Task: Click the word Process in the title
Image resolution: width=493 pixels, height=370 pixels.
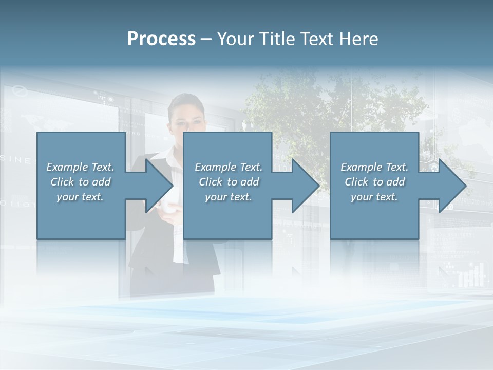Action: click(161, 39)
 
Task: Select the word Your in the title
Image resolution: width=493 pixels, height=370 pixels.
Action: click(236, 39)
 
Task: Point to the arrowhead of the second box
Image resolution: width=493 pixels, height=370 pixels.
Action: click(306, 186)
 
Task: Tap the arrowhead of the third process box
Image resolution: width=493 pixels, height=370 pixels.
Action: click(452, 186)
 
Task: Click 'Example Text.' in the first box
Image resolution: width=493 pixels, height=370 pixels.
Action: click(81, 167)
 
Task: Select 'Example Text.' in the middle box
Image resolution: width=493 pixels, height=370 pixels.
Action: click(229, 167)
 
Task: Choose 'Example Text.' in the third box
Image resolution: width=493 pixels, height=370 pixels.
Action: click(374, 167)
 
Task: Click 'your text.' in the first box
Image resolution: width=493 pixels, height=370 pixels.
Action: click(80, 197)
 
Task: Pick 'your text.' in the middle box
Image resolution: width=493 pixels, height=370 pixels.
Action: click(228, 197)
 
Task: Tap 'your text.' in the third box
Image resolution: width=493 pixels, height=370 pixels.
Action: click(374, 197)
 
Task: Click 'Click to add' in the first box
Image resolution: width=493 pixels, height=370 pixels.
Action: click(81, 182)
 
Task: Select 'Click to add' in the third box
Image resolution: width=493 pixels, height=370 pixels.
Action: click(375, 182)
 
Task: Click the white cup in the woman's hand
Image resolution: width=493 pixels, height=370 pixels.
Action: click(167, 206)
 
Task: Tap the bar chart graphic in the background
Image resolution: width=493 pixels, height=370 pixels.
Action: click(471, 275)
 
